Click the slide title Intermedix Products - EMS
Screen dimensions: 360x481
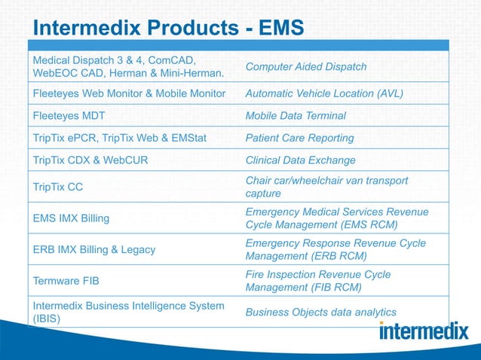169,28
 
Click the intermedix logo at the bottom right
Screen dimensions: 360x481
423,331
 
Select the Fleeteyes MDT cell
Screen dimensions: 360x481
69,116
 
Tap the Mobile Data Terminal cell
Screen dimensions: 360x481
296,116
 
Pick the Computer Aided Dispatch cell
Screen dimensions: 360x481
306,67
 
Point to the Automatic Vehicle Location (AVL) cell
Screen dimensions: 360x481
324,94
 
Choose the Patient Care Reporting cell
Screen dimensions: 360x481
299,139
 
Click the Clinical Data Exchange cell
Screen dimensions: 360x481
301,160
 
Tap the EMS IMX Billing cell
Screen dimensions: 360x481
71,218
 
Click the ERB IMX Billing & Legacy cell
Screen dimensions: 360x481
94,249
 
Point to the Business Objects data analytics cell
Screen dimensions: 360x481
320,313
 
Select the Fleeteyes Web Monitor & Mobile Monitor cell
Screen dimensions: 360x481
129,94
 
